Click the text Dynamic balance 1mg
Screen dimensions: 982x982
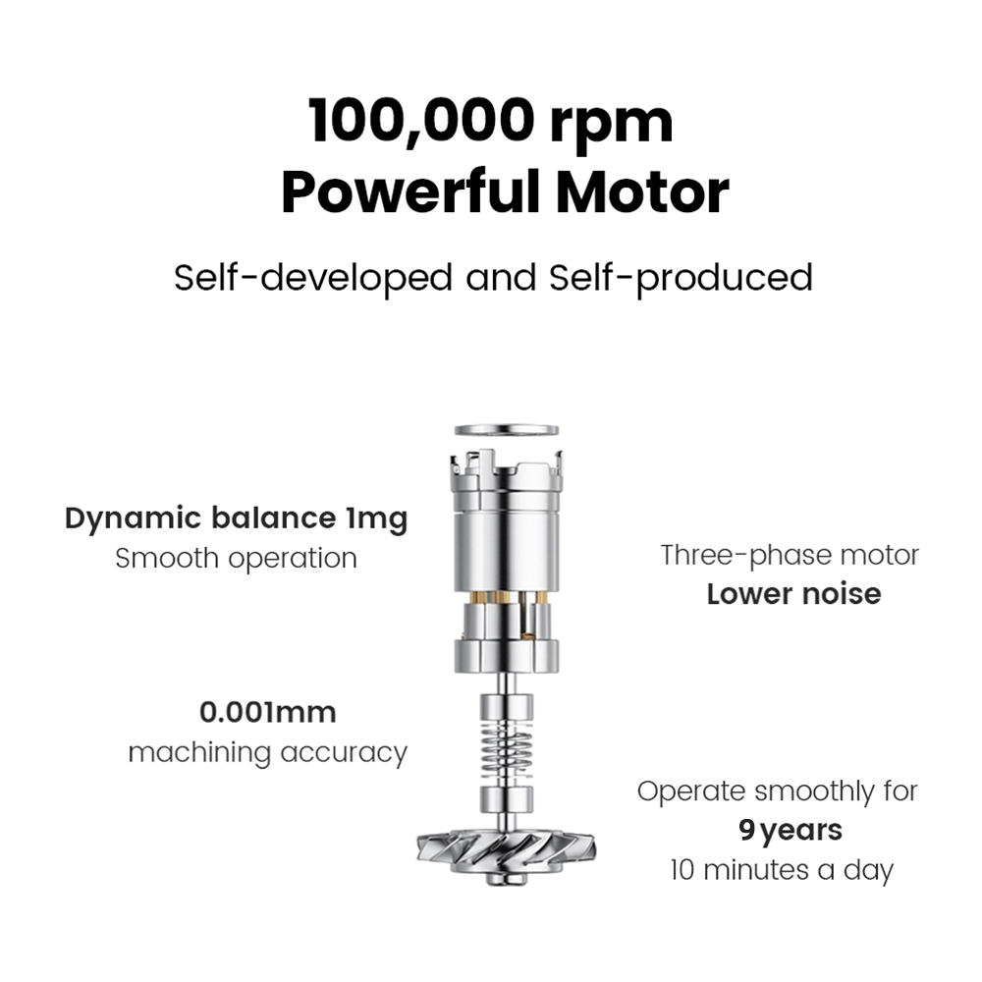pos(236,518)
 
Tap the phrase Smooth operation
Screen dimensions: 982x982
pos(236,559)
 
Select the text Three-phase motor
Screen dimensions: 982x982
pos(790,555)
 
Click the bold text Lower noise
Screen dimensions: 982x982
pos(793,594)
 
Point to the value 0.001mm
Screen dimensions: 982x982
pos(267,711)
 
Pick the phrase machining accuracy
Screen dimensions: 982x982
pos(267,753)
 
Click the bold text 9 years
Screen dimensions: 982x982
pos(790,831)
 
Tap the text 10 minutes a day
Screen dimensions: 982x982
pos(782,870)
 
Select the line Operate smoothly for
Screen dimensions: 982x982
pos(777,791)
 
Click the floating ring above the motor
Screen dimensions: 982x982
pos(508,430)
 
